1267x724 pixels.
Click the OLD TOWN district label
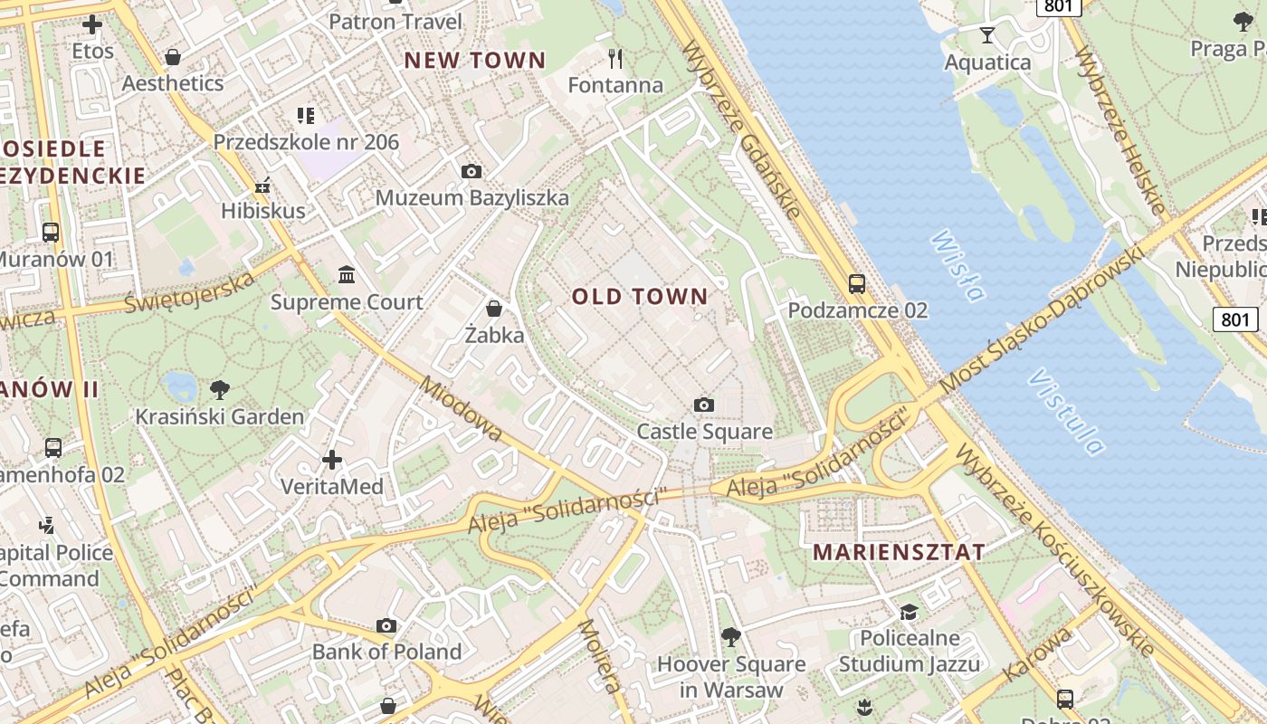coord(639,297)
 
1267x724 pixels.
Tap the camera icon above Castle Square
coord(703,405)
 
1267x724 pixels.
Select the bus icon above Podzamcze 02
coord(857,284)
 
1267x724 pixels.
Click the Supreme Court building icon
coord(347,274)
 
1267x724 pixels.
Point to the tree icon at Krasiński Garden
coord(219,390)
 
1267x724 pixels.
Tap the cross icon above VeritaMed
coord(332,460)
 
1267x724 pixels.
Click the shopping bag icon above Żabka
coord(494,309)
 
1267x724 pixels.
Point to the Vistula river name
coord(1066,411)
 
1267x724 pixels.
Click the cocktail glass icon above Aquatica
coord(986,35)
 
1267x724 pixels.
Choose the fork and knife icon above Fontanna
coord(615,60)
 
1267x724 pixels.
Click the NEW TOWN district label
coord(475,61)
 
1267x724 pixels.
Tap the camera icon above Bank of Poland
coord(386,625)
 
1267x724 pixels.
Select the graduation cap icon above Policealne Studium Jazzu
coord(909,613)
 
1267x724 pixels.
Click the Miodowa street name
coord(462,410)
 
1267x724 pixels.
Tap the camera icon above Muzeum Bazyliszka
coord(471,171)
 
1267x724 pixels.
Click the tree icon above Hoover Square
coord(730,637)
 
